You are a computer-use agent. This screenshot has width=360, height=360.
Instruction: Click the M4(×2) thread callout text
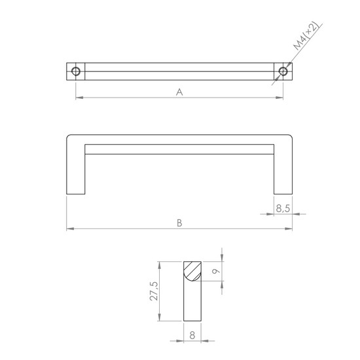pyautogui.click(x=306, y=35)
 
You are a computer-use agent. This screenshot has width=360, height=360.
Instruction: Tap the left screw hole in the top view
pyautogui.click(x=76, y=71)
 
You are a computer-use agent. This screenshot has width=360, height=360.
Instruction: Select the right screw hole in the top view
pyautogui.click(x=283, y=71)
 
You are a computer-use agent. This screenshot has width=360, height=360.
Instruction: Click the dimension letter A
pyautogui.click(x=179, y=92)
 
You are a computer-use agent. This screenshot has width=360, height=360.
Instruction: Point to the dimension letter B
pyautogui.click(x=179, y=223)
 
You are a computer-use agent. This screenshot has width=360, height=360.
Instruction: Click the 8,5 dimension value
pyautogui.click(x=283, y=208)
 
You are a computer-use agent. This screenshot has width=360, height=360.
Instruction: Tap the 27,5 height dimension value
pyautogui.click(x=154, y=291)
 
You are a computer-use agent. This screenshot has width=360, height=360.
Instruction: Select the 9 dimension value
pyautogui.click(x=215, y=271)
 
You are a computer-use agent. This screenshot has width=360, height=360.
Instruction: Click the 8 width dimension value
pyautogui.click(x=192, y=335)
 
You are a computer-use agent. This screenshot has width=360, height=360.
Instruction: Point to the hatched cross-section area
pyautogui.click(x=192, y=270)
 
